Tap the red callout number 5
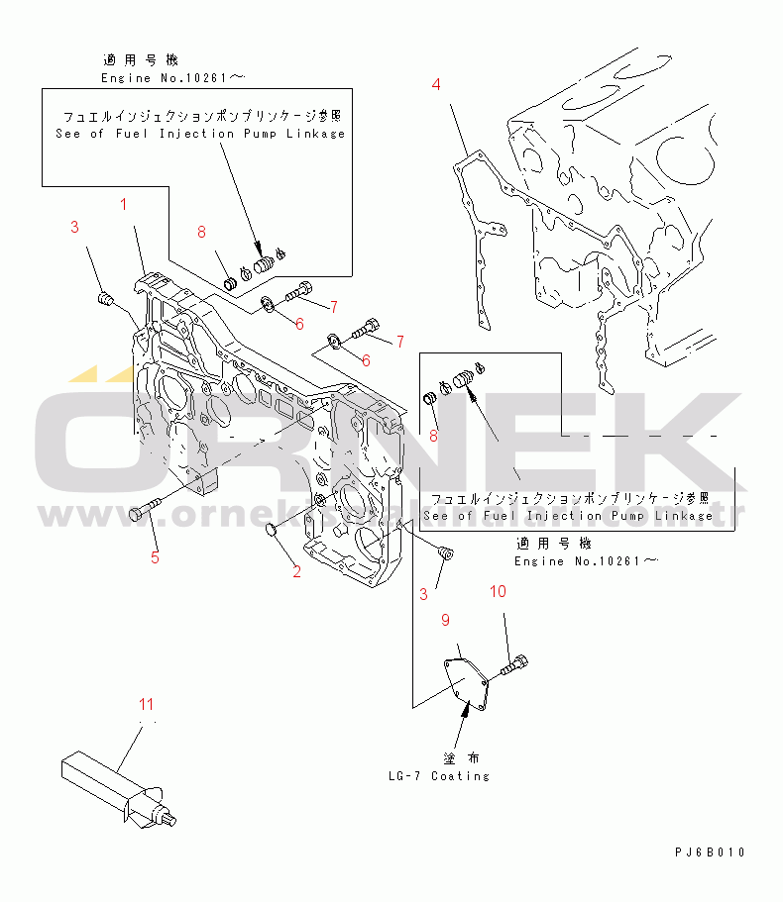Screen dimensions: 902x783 coord(155,557)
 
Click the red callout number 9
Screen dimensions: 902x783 coord(445,620)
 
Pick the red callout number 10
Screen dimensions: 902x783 coord(498,591)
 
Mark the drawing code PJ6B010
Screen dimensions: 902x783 coord(710,852)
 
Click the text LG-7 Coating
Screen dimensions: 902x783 coord(439,776)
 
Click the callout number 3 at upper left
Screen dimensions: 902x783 coord(73,229)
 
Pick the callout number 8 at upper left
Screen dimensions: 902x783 coord(201,233)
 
